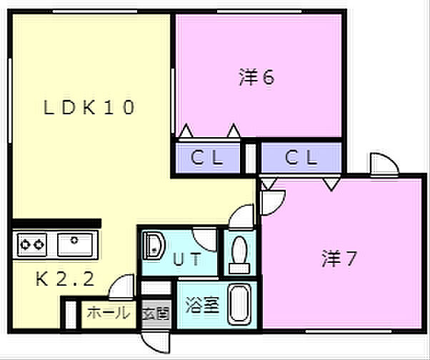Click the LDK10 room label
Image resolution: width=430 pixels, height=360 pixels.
[89, 107]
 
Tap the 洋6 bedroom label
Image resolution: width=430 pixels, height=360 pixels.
[256, 77]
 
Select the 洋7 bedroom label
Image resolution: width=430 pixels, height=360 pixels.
[339, 259]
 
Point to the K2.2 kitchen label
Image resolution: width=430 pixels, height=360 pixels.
[65, 279]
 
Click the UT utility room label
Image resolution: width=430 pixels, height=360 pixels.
[187, 259]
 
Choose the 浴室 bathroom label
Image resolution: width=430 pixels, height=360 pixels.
[203, 304]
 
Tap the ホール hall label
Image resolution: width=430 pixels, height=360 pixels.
[109, 313]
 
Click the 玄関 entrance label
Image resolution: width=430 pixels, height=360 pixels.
[156, 313]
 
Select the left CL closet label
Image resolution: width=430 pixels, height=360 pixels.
[206, 157]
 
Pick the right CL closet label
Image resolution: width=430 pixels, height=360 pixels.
[301, 157]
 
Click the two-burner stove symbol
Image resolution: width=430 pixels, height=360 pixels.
[32, 244]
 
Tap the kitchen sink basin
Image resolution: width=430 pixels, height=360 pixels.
[75, 244]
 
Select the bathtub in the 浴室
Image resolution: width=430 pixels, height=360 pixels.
[240, 304]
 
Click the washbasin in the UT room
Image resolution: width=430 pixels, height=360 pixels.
[154, 246]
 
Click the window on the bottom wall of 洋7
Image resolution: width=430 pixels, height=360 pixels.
[349, 331]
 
